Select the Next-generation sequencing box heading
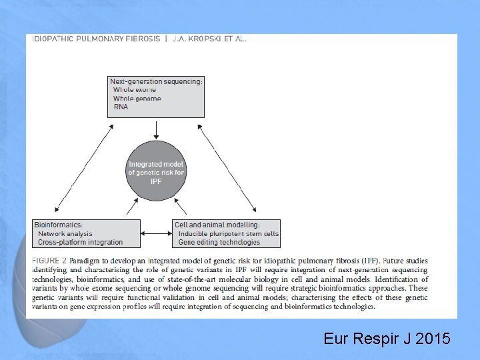coord(156,81)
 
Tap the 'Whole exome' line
coord(135,89)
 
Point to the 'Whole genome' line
coord(137,98)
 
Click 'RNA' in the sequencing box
coord(121,106)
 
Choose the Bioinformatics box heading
coord(59,225)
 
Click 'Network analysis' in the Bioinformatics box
coord(65,234)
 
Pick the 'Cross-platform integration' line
coord(81,242)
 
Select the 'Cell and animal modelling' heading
coord(217,225)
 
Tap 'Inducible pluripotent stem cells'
coord(229,234)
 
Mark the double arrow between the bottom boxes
coord(157,233)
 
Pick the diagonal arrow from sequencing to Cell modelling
coord(230,167)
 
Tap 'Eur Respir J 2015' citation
coord(387,339)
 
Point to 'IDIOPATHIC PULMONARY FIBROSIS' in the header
coord(96,39)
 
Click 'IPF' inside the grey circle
coord(156,181)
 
